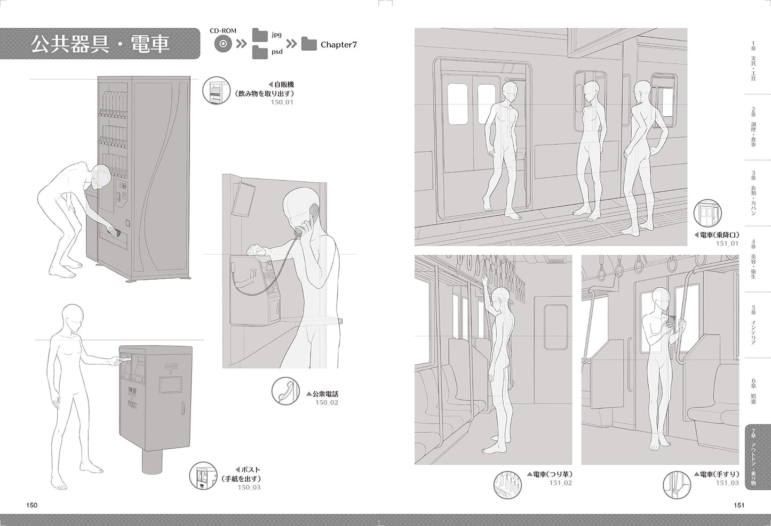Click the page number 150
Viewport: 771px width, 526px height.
[31, 505]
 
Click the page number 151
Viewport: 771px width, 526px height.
[739, 505]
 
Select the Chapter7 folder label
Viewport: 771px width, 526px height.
[339, 45]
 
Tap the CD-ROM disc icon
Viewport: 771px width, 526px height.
[223, 44]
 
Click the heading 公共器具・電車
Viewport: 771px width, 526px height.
[100, 44]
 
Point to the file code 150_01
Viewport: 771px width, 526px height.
[282, 102]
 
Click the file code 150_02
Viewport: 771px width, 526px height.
[327, 402]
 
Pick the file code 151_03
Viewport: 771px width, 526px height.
[727, 483]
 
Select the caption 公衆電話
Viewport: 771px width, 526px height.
[325, 394]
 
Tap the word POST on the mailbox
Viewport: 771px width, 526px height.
[132, 404]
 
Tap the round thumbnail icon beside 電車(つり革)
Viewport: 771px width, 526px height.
[507, 485]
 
